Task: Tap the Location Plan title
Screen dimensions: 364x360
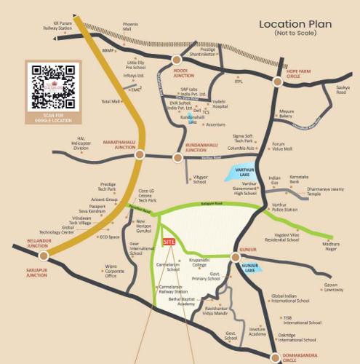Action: point(296,25)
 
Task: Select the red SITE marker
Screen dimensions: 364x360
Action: point(169,241)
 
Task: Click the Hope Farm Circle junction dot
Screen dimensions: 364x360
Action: point(279,82)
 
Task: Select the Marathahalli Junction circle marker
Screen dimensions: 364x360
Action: point(140,154)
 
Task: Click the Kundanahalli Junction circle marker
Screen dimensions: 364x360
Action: point(177,157)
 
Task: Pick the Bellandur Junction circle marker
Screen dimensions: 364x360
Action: point(44,256)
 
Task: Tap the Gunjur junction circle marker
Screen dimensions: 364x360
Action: point(234,257)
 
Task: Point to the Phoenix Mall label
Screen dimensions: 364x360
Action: point(130,28)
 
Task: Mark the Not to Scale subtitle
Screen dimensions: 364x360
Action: point(296,34)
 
